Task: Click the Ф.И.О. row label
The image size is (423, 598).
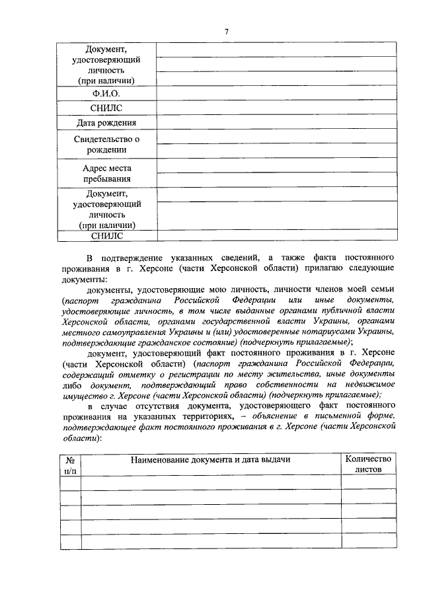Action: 106,94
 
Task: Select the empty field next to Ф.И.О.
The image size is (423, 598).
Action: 277,94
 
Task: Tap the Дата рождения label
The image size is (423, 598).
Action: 106,123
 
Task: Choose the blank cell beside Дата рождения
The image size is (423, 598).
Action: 277,123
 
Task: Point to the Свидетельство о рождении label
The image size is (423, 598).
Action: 106,144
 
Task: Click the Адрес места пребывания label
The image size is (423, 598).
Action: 106,174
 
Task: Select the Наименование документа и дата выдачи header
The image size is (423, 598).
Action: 210,459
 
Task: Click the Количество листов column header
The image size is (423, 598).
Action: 369,465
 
